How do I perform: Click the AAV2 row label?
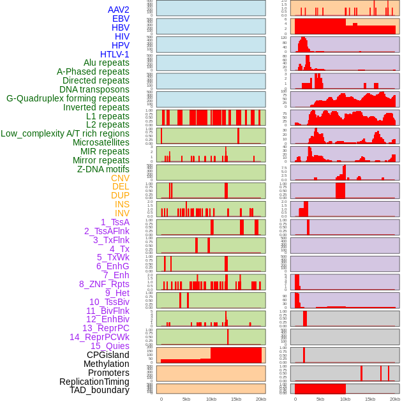118,10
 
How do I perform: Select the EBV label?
121,19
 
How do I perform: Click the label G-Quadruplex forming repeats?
68,98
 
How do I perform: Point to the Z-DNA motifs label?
103,169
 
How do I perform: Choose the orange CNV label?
120,178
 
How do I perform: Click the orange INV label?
122,213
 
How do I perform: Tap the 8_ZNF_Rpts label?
104,284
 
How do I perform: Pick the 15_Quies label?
110,346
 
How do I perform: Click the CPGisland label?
108,355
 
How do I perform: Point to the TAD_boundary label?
100,390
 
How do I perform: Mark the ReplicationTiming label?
94,382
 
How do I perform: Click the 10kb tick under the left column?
211,399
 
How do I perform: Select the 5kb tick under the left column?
186,399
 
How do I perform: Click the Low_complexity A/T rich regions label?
65,133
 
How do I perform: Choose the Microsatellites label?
101,142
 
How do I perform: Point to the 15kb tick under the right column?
370,399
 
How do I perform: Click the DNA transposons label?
94,89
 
